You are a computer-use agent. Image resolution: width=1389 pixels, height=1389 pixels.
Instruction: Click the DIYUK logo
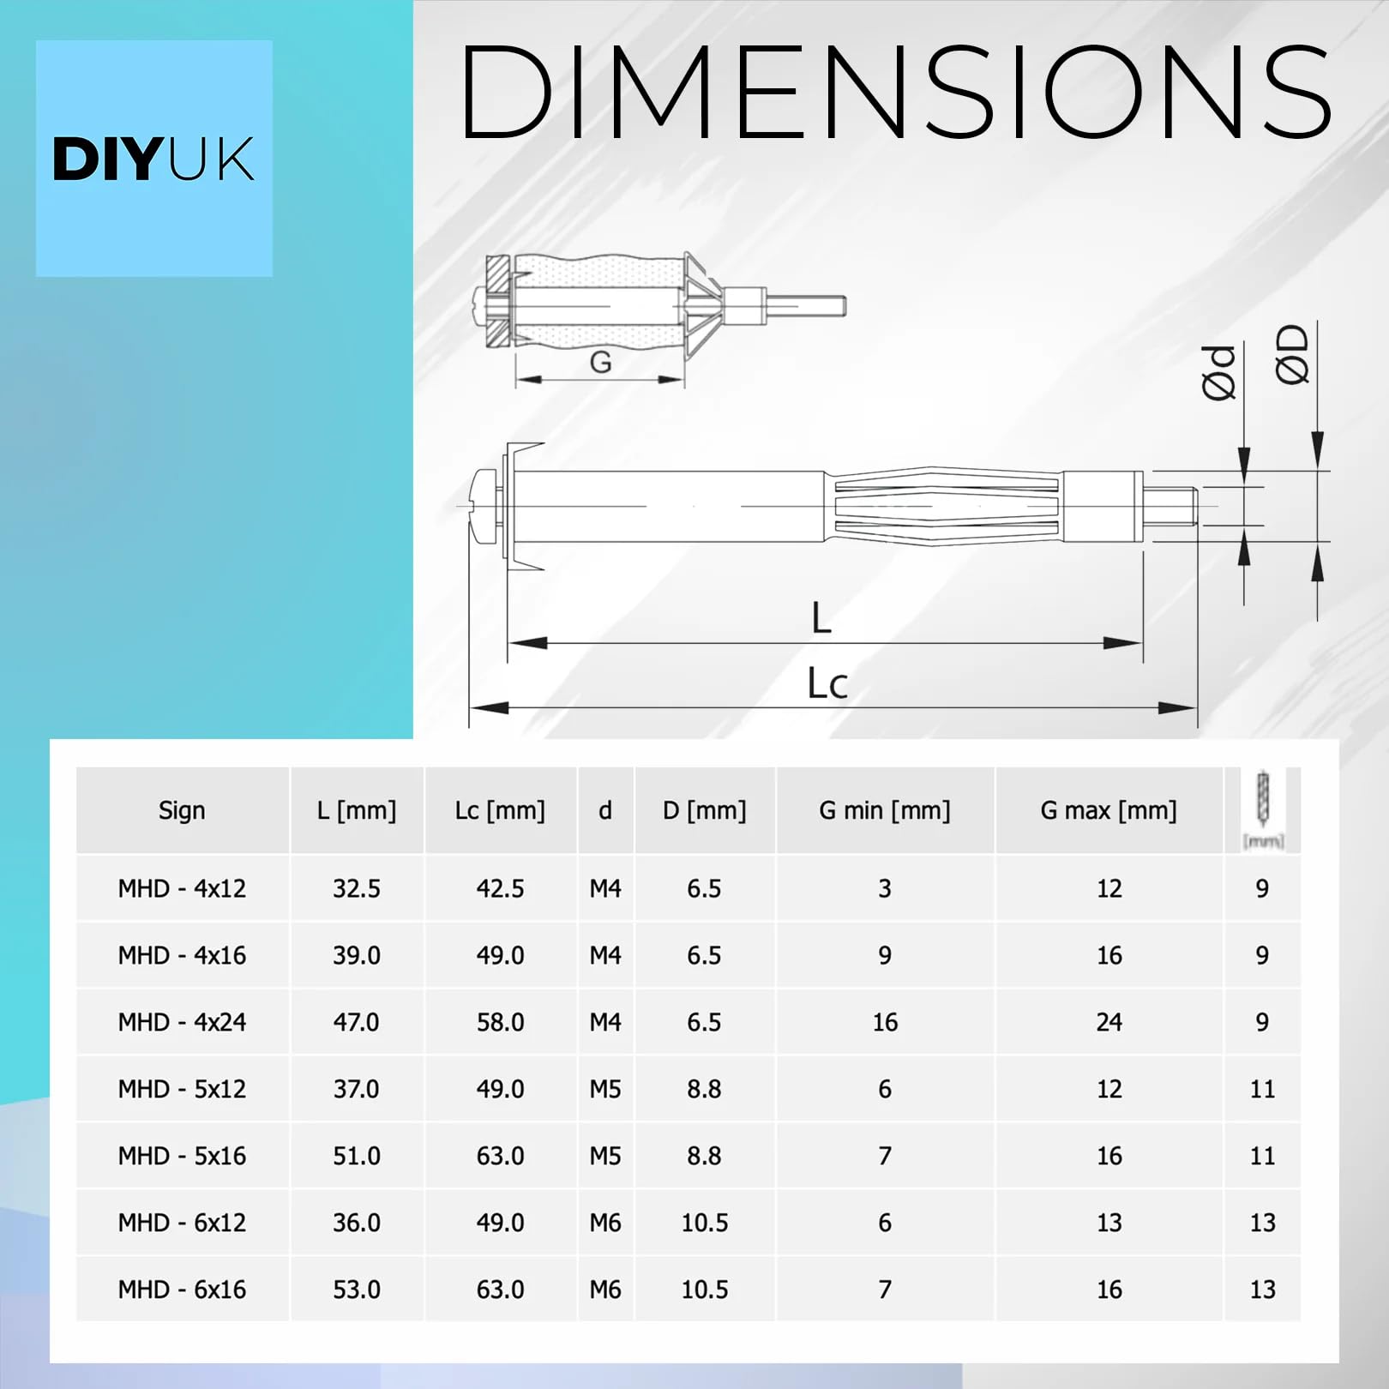coord(153,159)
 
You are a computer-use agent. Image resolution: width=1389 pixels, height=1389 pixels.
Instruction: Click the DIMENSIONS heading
coord(896,92)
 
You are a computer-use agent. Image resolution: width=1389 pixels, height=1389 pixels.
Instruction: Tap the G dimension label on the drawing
coord(600,362)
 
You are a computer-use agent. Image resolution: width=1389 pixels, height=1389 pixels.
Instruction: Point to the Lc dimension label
coord(827,684)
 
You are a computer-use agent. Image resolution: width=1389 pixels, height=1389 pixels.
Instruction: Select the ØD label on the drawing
coord(1292,354)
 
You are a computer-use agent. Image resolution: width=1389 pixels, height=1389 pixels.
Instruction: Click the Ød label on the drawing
coord(1218,373)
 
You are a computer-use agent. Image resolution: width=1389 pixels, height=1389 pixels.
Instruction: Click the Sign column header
coord(182,810)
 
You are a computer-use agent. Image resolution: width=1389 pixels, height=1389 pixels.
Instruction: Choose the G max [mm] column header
coord(1109,810)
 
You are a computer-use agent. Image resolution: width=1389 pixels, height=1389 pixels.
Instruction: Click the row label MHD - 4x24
coord(182,1022)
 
